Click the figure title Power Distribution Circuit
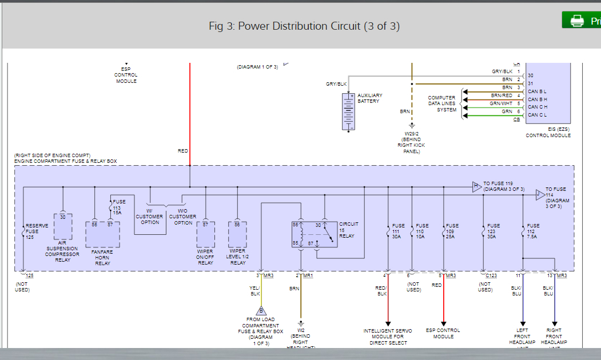[x=304, y=26]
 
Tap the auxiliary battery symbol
[x=348, y=111]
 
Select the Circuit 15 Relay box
[x=314, y=234]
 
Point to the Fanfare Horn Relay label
[x=103, y=257]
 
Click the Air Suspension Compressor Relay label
[x=62, y=251]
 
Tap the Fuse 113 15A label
[x=119, y=207]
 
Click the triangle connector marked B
[x=261, y=310]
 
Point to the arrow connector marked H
[x=476, y=186]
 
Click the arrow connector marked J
[x=539, y=195]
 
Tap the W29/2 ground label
[x=411, y=142]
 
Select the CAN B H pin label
[x=537, y=99]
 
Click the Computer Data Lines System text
[x=442, y=104]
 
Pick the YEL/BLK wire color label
[x=254, y=290]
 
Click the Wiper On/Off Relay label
[x=205, y=257]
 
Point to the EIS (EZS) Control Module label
[x=548, y=133]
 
